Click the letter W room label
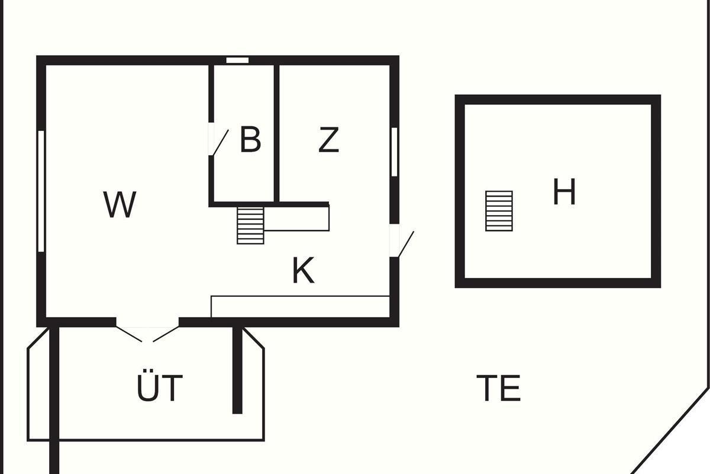[x=120, y=205]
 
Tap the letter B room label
[x=250, y=140]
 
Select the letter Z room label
[x=329, y=140]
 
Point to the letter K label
[x=303, y=271]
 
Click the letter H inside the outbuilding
[x=564, y=193]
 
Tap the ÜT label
[x=160, y=387]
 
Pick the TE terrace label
[x=499, y=388]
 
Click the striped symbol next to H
[x=499, y=211]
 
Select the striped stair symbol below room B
[x=250, y=225]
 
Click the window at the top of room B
[x=237, y=60]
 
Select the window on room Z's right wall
[x=394, y=152]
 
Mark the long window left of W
[x=41, y=191]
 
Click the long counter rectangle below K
[x=300, y=306]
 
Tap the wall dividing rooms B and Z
[x=276, y=133]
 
